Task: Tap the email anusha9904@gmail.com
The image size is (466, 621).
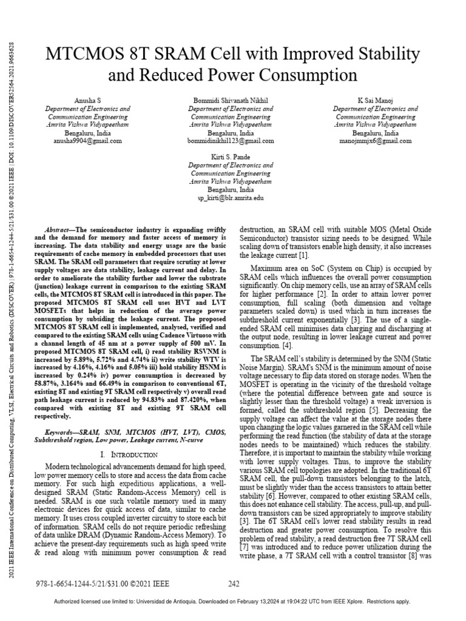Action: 88,140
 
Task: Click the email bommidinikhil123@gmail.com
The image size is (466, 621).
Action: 231,140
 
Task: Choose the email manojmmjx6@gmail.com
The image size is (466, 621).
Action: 375,140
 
